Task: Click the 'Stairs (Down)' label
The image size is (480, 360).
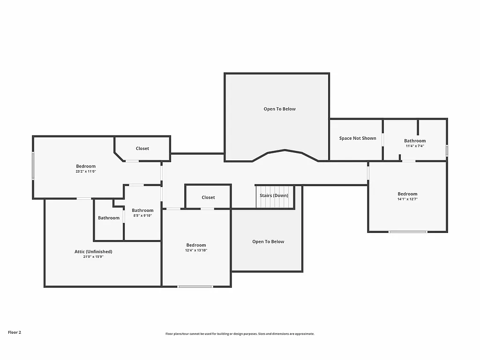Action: (274, 195)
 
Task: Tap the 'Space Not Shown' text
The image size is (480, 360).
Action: (358, 138)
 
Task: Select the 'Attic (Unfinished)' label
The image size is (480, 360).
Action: (93, 252)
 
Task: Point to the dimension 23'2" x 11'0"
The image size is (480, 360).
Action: (86, 172)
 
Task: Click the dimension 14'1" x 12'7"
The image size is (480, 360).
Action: (407, 199)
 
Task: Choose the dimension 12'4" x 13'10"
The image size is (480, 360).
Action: (196, 250)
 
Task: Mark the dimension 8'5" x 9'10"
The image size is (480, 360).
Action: (142, 216)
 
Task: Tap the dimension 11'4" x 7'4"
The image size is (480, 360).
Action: (415, 146)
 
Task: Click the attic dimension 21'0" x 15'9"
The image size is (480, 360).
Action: (93, 257)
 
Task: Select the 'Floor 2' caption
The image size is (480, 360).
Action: (15, 332)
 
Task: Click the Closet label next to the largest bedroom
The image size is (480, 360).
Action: (142, 149)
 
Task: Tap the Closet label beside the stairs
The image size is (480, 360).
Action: (208, 197)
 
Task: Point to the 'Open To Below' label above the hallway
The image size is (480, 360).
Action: (279, 109)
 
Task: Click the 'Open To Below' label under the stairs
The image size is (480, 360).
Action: (268, 242)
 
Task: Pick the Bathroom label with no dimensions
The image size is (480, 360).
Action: (109, 218)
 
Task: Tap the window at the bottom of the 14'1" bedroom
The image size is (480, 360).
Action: (407, 232)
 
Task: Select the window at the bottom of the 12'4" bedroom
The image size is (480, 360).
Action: (195, 286)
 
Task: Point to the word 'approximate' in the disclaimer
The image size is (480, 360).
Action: (303, 334)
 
